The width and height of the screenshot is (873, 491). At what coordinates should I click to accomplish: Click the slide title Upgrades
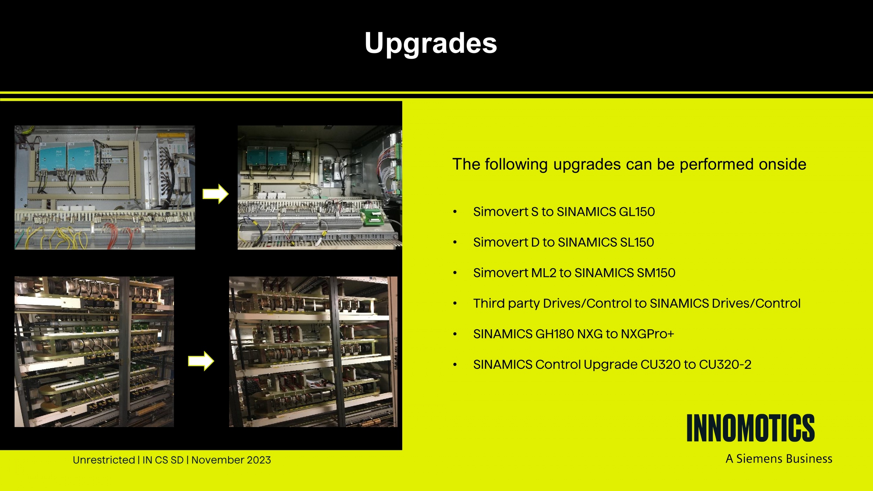[431, 43]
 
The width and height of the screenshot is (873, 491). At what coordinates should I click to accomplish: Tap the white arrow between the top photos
[215, 194]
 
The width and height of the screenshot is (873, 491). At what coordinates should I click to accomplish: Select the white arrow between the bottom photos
[201, 361]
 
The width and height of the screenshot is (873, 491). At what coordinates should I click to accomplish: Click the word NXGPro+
[647, 334]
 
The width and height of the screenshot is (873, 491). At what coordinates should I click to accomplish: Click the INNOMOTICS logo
[750, 428]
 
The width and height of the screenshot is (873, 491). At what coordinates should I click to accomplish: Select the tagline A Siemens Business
[779, 459]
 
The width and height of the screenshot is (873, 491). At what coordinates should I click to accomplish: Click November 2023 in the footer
[231, 460]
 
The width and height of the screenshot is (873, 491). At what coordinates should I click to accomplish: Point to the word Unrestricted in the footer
[104, 460]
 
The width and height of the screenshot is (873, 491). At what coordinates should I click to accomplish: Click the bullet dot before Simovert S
[455, 212]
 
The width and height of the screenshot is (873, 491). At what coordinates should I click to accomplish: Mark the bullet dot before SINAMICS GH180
[455, 334]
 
